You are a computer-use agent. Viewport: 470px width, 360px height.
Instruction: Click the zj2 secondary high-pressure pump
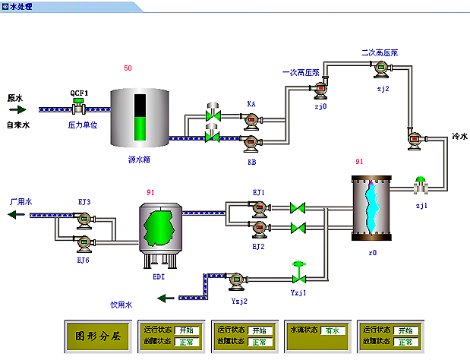coord(381,70)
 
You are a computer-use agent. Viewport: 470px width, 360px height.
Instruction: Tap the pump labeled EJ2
coord(260,228)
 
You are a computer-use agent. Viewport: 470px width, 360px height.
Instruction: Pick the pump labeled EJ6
coord(84,243)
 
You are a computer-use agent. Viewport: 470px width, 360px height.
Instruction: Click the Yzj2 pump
coord(237,281)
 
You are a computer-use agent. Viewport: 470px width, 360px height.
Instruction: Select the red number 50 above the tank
coord(128,69)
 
